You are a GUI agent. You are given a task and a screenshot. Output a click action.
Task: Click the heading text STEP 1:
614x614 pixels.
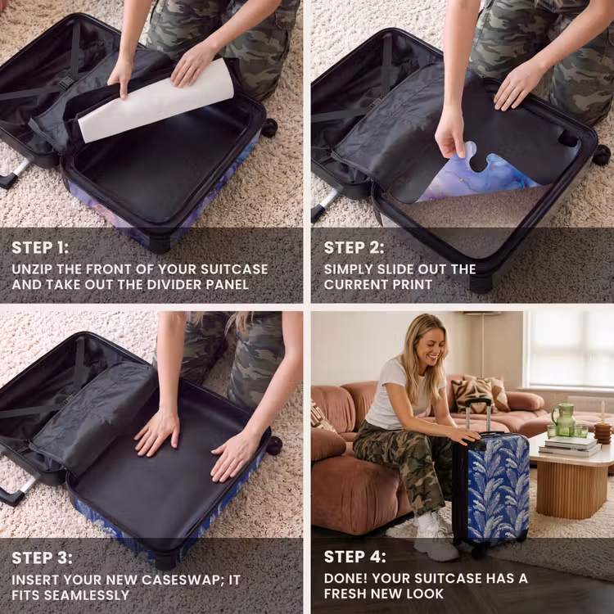[x=40, y=248]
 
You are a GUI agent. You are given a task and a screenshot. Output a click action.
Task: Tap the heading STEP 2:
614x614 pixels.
[x=354, y=248]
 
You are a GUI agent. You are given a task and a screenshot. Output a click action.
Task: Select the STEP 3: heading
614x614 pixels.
[x=42, y=558]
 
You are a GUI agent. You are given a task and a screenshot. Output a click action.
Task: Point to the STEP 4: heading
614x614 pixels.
[x=354, y=557]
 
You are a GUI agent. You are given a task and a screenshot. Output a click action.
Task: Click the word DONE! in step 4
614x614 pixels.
[x=345, y=578]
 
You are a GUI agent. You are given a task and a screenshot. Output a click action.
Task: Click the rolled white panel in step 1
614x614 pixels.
[x=156, y=102]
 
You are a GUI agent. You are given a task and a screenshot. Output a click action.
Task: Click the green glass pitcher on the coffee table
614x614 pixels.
[x=563, y=420]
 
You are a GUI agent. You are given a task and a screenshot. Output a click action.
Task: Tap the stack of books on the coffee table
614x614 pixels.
[x=570, y=446]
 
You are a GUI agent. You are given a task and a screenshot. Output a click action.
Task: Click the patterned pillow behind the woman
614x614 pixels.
[x=475, y=395]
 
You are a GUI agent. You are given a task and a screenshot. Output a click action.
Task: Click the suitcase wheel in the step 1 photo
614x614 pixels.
[x=269, y=128]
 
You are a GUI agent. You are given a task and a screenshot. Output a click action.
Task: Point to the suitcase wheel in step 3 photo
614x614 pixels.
[x=273, y=445]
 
